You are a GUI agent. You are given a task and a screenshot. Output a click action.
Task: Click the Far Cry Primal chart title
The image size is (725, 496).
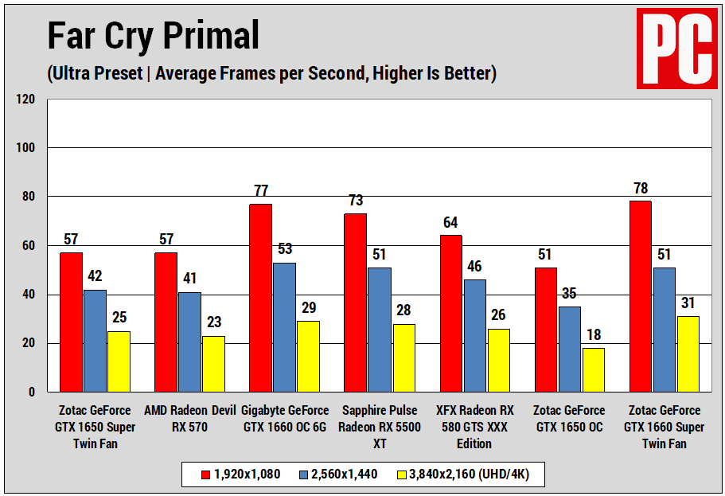click(x=153, y=36)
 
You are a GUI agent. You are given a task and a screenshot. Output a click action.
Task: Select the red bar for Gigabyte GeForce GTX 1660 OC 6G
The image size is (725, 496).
click(x=260, y=298)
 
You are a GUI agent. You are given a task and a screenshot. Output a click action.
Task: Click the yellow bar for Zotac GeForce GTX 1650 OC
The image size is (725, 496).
click(x=593, y=369)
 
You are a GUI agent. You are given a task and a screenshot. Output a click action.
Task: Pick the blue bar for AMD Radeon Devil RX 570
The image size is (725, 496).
click(x=189, y=342)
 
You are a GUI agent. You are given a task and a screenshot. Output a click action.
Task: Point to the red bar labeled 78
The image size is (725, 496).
click(x=640, y=296)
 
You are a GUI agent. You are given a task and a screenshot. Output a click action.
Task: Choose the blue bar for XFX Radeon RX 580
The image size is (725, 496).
click(x=475, y=335)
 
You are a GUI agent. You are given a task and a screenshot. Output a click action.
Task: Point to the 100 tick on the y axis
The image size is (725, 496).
click(x=25, y=148)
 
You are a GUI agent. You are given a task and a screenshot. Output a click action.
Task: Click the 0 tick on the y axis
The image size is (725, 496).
click(x=32, y=393)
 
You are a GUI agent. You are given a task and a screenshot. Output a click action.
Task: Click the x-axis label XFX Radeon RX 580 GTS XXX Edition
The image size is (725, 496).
click(x=475, y=427)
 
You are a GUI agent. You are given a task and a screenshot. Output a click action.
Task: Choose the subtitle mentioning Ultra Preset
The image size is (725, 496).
click(x=271, y=74)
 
